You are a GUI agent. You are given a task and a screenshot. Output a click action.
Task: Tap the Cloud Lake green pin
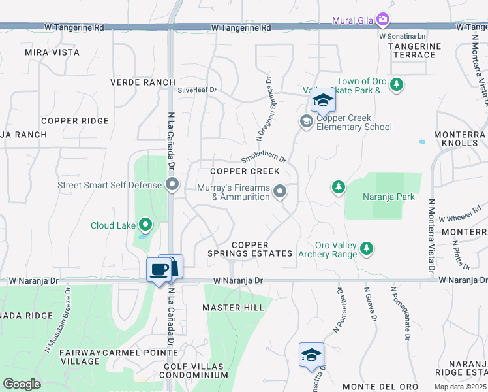pyautogui.click(x=145, y=225)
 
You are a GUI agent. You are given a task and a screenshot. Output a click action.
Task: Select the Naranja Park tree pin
pyautogui.click(x=338, y=188)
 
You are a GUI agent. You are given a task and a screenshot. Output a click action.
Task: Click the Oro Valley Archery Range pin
pyautogui.click(x=367, y=248)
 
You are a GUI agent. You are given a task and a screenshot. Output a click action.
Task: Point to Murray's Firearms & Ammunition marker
pyautogui.click(x=280, y=191)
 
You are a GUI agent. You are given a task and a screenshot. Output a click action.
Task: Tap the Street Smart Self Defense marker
pyautogui.click(x=172, y=185)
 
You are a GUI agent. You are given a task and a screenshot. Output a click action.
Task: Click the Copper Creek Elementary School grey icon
pyautogui.click(x=306, y=122)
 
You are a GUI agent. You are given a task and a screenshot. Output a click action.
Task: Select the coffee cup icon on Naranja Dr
pyautogui.click(x=159, y=269)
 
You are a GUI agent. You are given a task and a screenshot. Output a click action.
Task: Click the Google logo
pyautogui.click(x=22, y=384)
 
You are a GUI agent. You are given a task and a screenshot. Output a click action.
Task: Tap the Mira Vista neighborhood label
pyautogui.click(x=52, y=52)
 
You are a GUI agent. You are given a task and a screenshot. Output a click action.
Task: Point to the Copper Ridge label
pyautogui.click(x=74, y=121)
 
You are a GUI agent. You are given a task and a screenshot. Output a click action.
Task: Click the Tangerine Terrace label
pyautogui.click(x=414, y=50)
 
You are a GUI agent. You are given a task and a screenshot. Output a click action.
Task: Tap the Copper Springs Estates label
pyautogui.click(x=250, y=249)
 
